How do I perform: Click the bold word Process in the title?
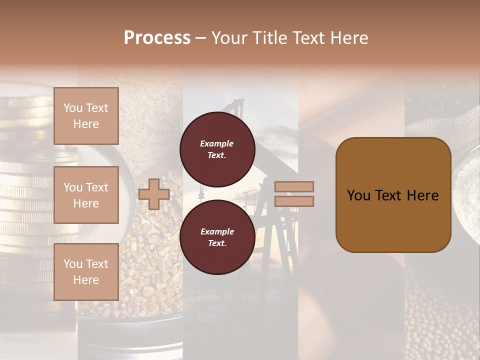click(157, 38)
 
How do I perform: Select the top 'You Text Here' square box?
click(86, 116)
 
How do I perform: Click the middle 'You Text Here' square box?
click(86, 195)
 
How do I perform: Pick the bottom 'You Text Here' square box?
click(86, 271)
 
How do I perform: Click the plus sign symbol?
click(154, 194)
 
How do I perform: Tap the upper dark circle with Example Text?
click(217, 149)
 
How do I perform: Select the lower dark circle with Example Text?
click(217, 237)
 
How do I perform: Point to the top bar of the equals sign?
click(294, 186)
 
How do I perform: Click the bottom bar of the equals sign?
click(294, 201)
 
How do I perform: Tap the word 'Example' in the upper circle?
click(217, 143)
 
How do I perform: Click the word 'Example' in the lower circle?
click(217, 231)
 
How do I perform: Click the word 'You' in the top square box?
click(73, 108)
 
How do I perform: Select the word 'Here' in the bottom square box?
click(86, 280)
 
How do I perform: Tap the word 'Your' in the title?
click(228, 38)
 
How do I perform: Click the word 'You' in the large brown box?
click(358, 195)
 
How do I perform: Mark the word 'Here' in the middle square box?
click(86, 203)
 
